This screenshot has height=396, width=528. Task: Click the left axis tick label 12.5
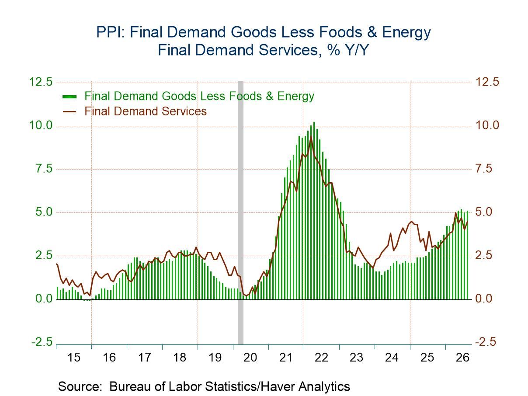pyautogui.click(x=41, y=82)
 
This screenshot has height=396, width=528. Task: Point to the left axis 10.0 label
pyautogui.click(x=41, y=125)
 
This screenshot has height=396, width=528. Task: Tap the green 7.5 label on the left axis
pyautogui.click(x=44, y=169)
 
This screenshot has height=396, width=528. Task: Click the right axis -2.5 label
pyautogui.click(x=486, y=342)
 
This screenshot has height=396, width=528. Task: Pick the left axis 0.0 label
pyautogui.click(x=44, y=299)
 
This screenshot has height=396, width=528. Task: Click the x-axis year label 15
pyautogui.click(x=73, y=358)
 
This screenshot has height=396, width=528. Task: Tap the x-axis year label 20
pyautogui.click(x=250, y=358)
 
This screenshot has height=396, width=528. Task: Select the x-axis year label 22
pyautogui.click(x=321, y=358)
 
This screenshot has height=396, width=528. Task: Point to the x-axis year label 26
pyautogui.click(x=462, y=358)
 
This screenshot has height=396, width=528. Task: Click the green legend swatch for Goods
pyautogui.click(x=69, y=97)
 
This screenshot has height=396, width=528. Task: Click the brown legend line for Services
pyautogui.click(x=69, y=111)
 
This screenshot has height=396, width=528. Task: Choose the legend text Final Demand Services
pyautogui.click(x=146, y=111)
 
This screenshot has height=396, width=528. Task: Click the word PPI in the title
pyautogui.click(x=110, y=32)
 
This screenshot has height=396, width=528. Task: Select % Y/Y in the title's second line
pyautogui.click(x=347, y=50)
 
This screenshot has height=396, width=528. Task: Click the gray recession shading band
pyautogui.click(x=240, y=212)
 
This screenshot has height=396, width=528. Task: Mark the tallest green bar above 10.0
pyautogui.click(x=314, y=211)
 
